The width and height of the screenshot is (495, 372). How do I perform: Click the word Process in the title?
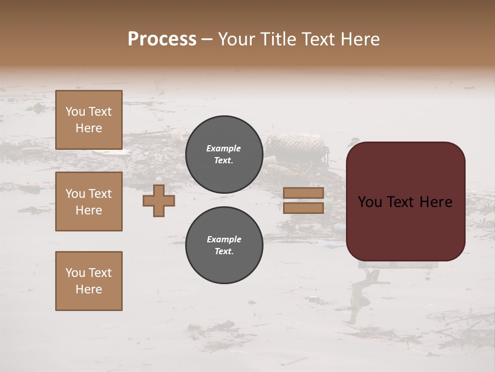click(162, 39)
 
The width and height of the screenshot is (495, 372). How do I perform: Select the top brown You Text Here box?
click(89, 120)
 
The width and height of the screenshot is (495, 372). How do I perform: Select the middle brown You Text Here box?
click(89, 202)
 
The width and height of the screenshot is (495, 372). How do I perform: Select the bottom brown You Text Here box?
click(89, 281)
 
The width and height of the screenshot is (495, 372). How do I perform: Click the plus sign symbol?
click(159, 200)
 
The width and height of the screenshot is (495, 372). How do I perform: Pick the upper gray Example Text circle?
click(224, 154)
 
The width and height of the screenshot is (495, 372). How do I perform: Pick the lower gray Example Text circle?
click(224, 245)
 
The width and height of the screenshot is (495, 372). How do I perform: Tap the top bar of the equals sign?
click(303, 193)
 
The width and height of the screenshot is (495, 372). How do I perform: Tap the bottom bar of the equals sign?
click(303, 208)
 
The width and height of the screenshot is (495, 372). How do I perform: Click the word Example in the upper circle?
click(224, 148)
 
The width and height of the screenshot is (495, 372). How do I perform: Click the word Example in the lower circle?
click(224, 239)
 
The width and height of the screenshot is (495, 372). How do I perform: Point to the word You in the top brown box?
click(75, 112)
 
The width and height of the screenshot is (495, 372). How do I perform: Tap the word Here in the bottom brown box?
click(89, 289)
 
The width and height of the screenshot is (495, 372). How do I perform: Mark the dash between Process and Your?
click(207, 40)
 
